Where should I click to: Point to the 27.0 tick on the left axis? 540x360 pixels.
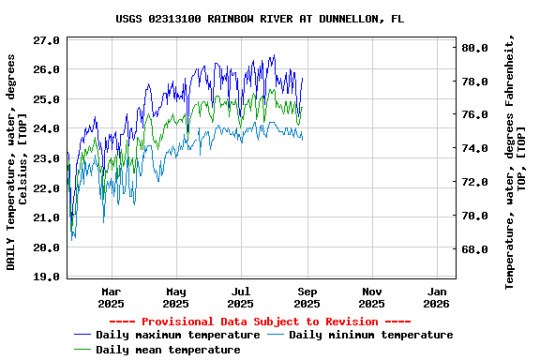(x=46, y=40)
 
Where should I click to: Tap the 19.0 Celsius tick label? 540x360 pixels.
(x=46, y=277)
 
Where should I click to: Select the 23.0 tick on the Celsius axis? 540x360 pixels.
(x=46, y=159)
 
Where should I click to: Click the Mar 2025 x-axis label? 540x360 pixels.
(x=111, y=297)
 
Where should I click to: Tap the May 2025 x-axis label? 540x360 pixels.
(x=176, y=297)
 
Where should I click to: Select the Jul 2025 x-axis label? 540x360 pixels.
(x=241, y=297)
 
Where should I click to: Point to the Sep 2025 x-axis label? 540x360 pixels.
(x=307, y=297)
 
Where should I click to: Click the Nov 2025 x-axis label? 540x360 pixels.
(x=371, y=297)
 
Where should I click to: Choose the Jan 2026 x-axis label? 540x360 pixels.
(x=437, y=297)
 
